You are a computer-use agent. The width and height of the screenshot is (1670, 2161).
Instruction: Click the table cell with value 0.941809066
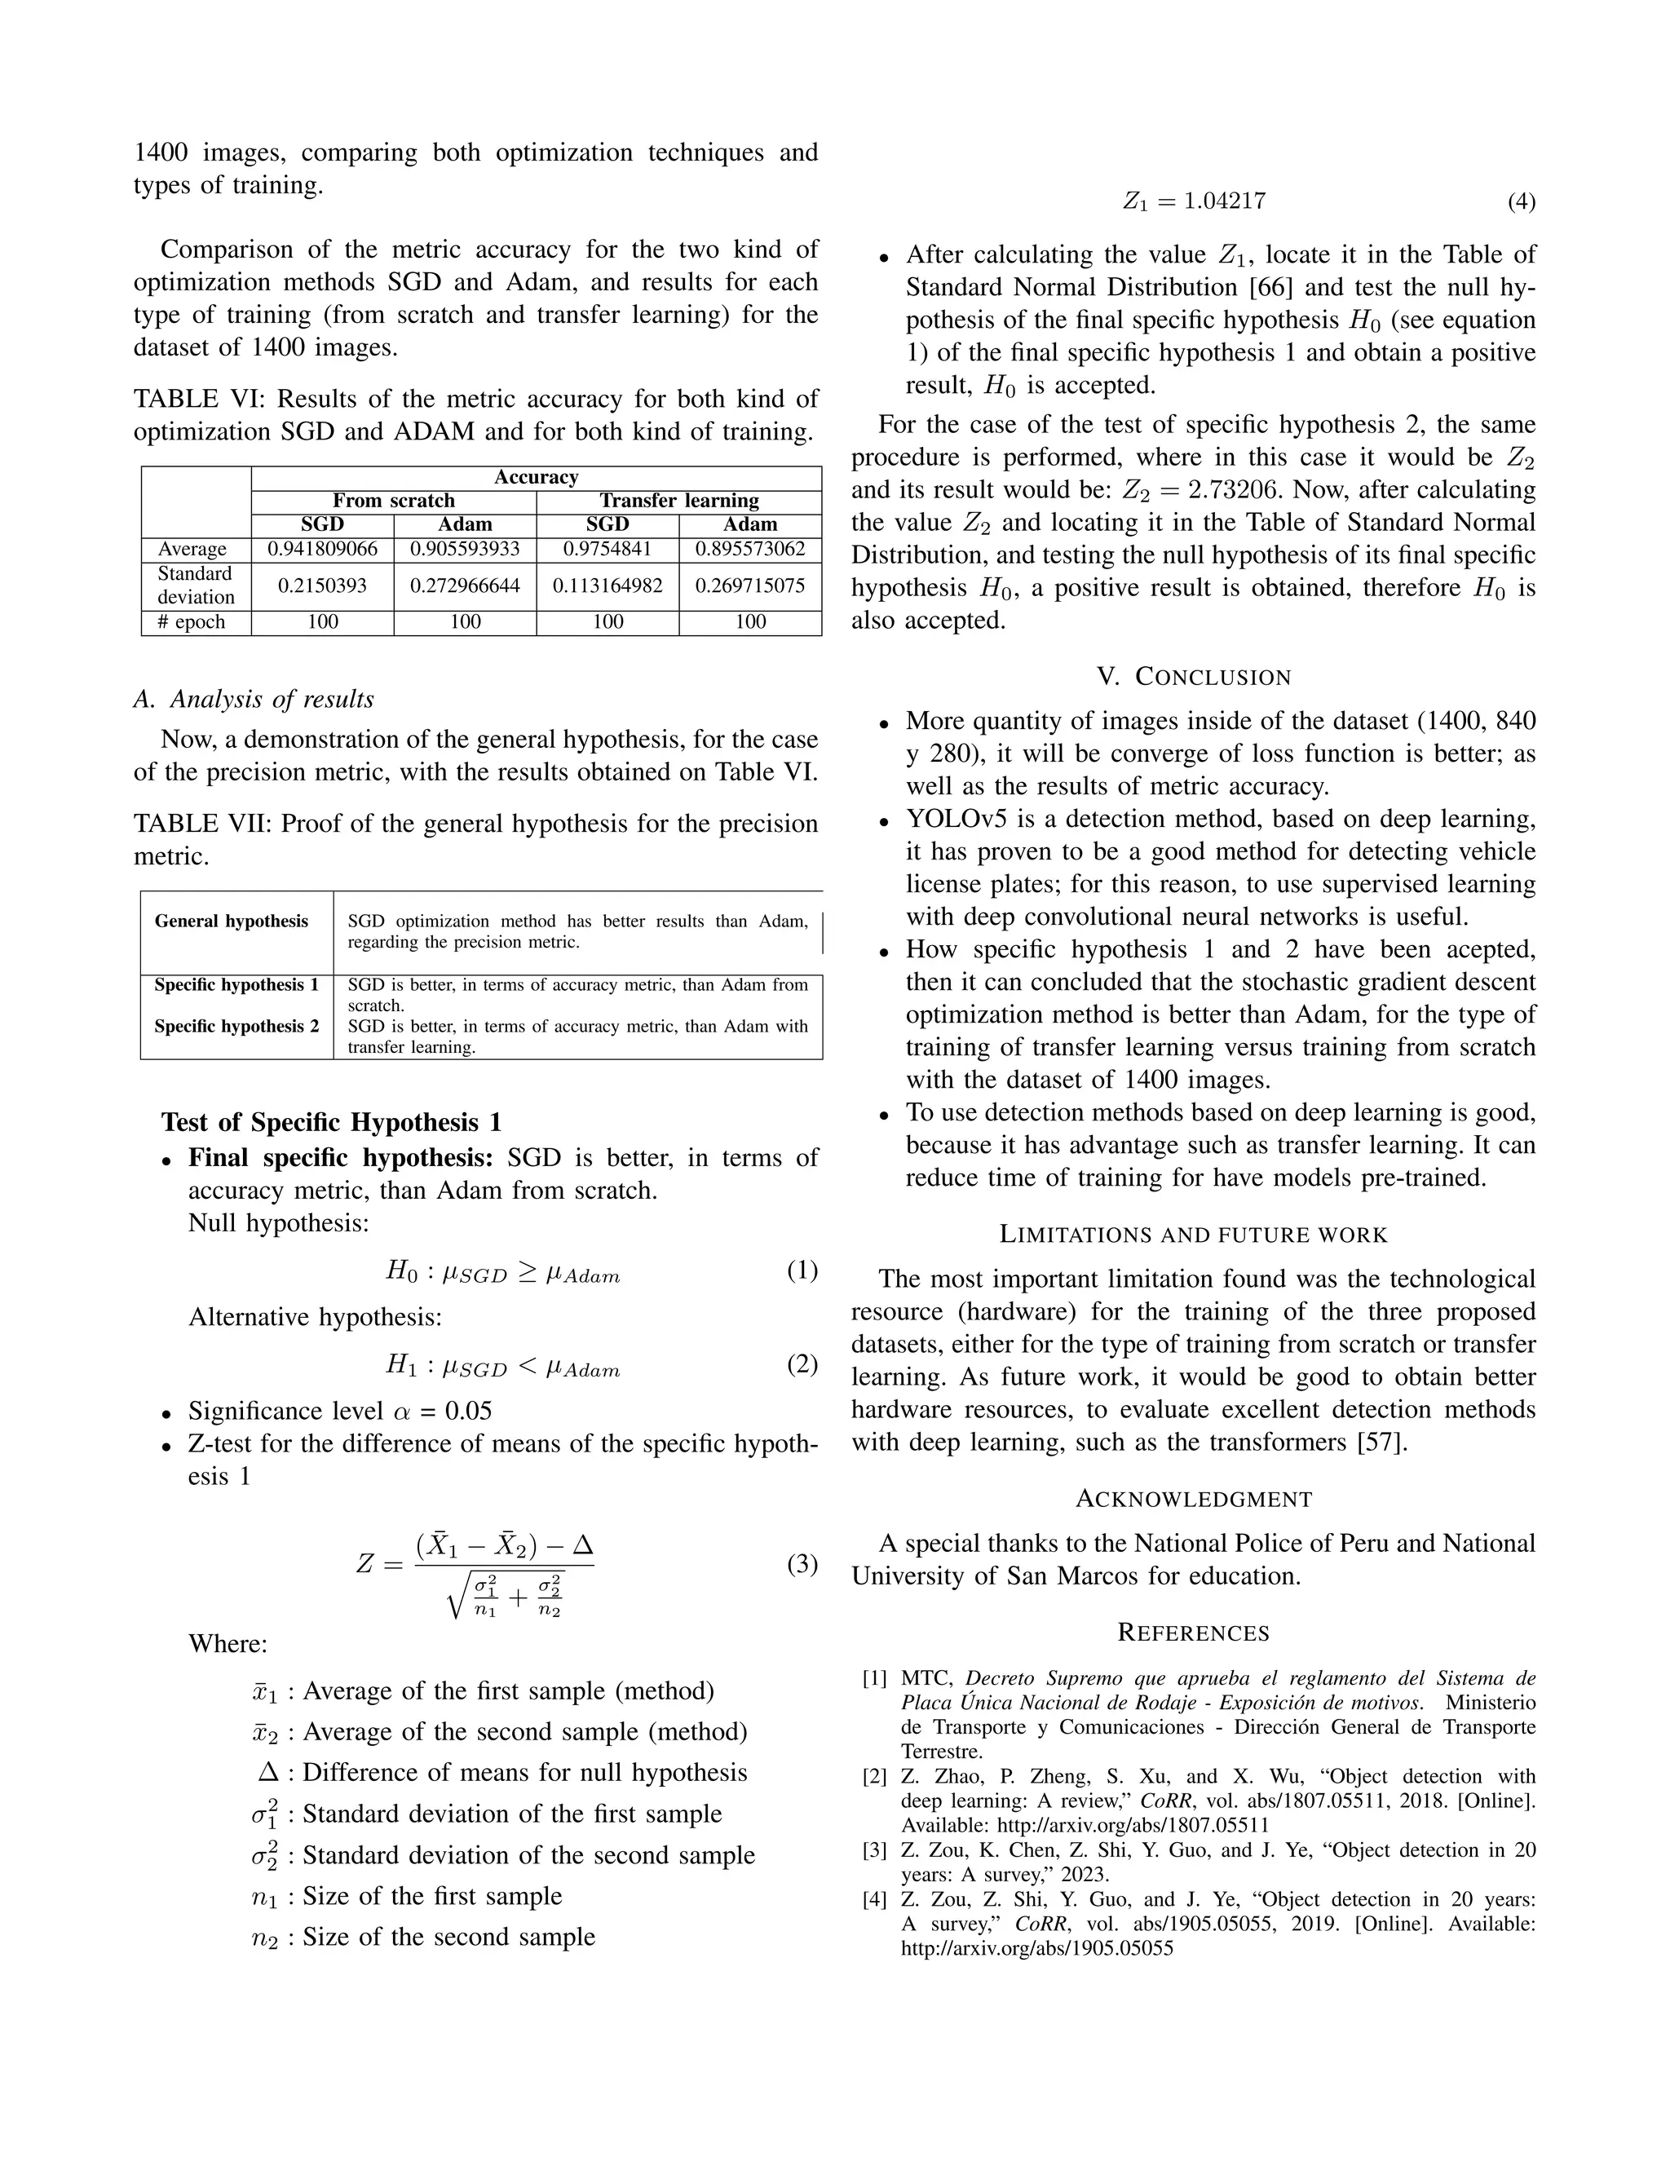[x=323, y=549]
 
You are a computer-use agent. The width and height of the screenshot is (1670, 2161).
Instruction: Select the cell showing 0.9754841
[x=607, y=549]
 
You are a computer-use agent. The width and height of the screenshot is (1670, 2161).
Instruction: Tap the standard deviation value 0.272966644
[x=465, y=586]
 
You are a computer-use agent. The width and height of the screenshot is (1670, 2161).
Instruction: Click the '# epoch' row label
[x=196, y=622]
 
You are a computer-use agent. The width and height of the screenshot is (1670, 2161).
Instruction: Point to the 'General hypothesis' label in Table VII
[x=232, y=921]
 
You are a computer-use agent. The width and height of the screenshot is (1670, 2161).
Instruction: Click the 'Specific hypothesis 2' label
[x=236, y=1026]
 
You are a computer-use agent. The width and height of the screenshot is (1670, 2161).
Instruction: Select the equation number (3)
[x=802, y=1563]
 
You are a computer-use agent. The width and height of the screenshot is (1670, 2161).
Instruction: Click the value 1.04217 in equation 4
[x=1225, y=202]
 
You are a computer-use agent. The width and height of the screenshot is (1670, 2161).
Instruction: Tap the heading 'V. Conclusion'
[x=1193, y=678]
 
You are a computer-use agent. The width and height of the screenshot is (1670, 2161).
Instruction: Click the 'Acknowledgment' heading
[x=1193, y=1499]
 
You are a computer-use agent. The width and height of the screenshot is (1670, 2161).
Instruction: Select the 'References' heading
[x=1193, y=1633]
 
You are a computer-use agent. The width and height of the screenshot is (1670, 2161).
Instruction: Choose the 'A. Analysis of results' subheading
[x=254, y=700]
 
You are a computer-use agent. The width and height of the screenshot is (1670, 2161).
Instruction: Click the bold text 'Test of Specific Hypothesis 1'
[x=331, y=1122]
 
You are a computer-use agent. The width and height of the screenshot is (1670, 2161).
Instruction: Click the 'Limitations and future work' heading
[x=1193, y=1235]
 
